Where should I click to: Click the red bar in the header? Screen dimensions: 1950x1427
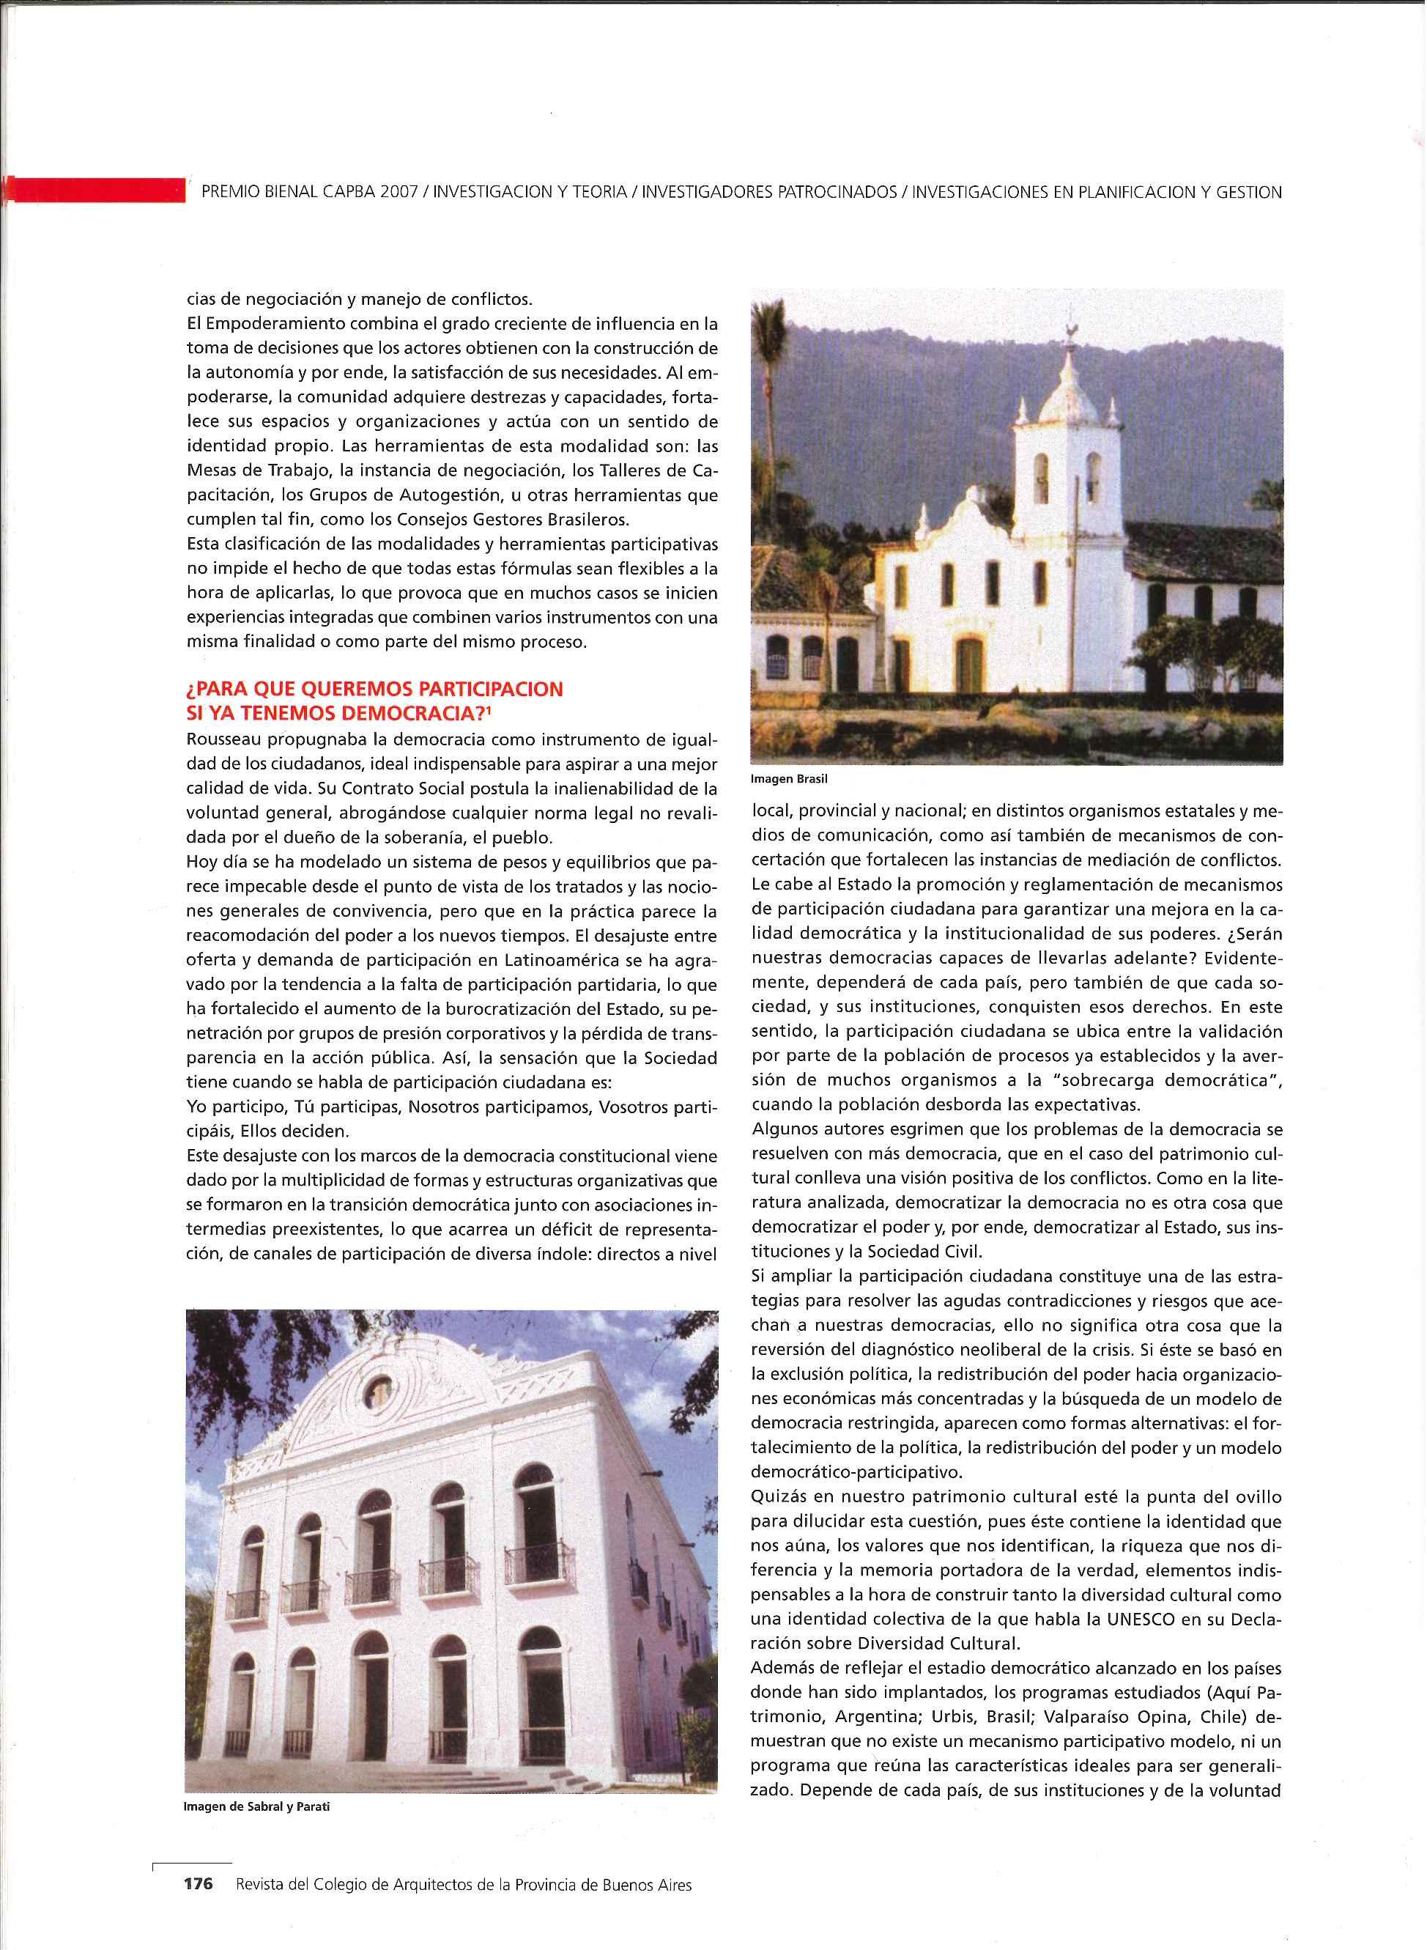[95, 189]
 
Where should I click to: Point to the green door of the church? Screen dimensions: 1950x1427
[970, 665]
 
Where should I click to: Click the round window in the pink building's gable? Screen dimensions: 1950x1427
[378, 1390]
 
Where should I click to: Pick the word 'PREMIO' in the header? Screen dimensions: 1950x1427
[231, 193]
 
